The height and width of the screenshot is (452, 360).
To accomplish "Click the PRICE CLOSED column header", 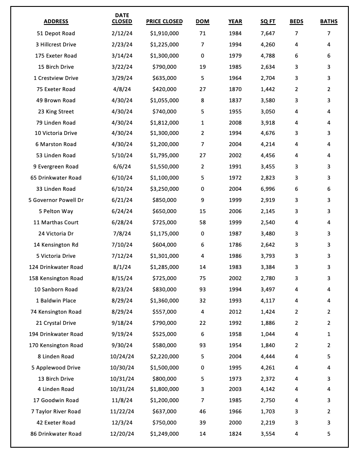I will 164,21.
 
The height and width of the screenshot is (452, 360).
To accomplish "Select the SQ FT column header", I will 268,21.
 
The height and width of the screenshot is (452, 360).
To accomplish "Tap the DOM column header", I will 202,21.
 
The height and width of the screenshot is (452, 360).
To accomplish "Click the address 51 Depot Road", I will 56,34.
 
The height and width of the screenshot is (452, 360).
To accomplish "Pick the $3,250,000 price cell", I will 164,189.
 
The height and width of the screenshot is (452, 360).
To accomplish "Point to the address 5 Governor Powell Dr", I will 56,200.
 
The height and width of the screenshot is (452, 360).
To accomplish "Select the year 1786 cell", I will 235,245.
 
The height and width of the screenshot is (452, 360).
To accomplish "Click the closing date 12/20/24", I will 122,434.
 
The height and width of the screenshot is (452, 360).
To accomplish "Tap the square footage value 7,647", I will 268,34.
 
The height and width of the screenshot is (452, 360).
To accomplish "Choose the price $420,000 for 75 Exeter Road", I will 164,89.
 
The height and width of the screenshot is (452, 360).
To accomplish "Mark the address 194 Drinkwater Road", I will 56,334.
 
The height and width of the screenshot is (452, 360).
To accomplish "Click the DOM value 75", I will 202,278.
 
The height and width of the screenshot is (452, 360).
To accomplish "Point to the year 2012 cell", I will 235,312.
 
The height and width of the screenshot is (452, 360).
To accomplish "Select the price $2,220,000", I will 164,357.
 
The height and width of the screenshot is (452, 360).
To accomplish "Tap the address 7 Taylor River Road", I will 56,412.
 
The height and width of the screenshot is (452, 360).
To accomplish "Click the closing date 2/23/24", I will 122,45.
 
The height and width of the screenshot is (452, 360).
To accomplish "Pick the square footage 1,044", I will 268,334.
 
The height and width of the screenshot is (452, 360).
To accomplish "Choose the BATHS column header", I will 329,21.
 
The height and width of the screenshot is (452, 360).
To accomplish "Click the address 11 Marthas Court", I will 56,223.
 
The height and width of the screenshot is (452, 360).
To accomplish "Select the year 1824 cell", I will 235,434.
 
